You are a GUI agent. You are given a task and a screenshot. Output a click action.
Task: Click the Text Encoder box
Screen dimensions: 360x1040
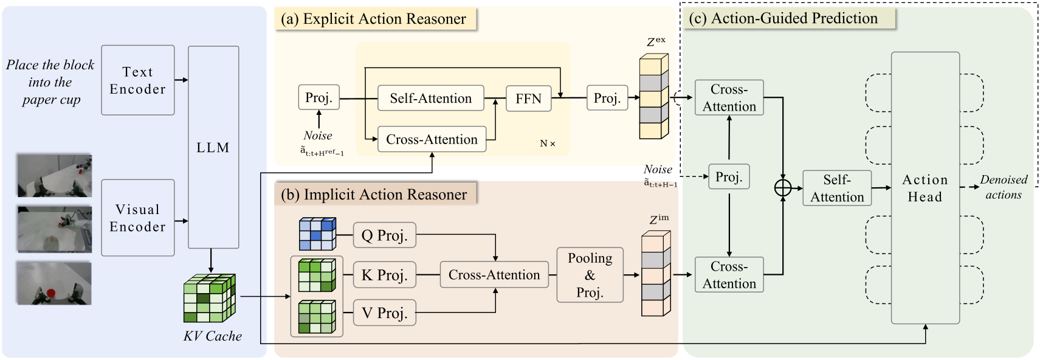pyautogui.click(x=138, y=80)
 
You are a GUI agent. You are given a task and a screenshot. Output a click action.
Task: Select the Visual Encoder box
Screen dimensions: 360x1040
pyautogui.click(x=138, y=218)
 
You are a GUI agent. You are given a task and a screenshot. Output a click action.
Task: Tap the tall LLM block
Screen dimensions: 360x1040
pyautogui.click(x=213, y=147)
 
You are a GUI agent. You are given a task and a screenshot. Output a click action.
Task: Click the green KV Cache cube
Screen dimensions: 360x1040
pyautogui.click(x=210, y=299)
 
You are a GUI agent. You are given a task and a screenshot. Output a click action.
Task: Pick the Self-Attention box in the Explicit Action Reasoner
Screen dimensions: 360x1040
pyautogui.click(x=431, y=98)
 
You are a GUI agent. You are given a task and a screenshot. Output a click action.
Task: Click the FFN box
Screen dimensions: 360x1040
pyautogui.click(x=528, y=99)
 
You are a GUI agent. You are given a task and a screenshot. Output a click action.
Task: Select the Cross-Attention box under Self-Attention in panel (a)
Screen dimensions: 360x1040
pyautogui.click(x=432, y=139)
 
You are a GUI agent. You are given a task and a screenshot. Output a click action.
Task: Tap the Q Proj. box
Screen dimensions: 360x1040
pyautogui.click(x=384, y=235)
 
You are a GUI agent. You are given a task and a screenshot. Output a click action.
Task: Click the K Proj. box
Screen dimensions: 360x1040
pyautogui.click(x=384, y=275)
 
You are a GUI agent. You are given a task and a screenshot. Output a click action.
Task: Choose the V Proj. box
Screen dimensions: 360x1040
pyautogui.click(x=384, y=313)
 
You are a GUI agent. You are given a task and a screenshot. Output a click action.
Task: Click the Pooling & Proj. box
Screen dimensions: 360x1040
pyautogui.click(x=590, y=275)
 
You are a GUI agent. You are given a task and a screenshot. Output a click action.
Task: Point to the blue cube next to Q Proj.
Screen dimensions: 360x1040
pyautogui.click(x=317, y=234)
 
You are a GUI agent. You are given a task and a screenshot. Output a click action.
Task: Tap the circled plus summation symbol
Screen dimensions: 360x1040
pyautogui.click(x=783, y=188)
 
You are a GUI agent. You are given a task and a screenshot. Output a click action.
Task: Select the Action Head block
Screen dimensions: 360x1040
pyautogui.click(x=925, y=188)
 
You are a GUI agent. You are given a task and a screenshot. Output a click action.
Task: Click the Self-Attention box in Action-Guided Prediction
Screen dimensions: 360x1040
pyautogui.click(x=837, y=188)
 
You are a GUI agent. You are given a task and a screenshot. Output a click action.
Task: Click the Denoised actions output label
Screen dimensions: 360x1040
pyautogui.click(x=1004, y=187)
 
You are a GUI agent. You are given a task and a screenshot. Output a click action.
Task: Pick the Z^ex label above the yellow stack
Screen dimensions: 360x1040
pyautogui.click(x=656, y=42)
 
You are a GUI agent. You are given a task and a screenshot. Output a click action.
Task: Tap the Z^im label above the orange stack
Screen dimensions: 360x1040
pyautogui.click(x=659, y=220)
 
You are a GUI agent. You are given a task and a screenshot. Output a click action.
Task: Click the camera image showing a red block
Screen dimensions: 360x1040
pyautogui.click(x=54, y=283)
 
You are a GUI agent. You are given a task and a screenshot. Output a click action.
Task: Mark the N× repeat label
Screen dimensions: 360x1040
pyautogui.click(x=547, y=144)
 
